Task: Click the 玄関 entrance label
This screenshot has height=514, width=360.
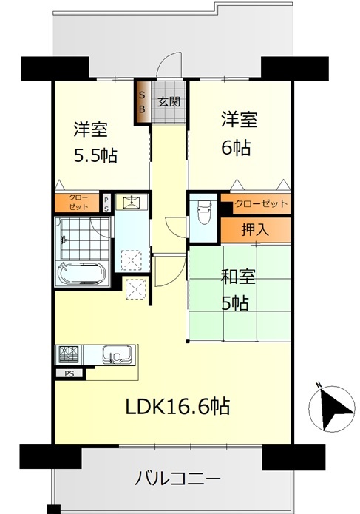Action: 169,101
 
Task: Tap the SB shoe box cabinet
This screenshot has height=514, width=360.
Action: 143,102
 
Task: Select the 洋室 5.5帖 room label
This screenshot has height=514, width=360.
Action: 95,142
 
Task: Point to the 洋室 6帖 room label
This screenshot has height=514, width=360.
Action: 239,133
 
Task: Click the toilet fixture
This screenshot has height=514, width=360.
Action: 204,212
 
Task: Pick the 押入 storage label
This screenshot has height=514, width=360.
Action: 255,229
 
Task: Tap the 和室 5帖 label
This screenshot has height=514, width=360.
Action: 238,290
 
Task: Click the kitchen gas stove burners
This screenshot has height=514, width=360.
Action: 69,354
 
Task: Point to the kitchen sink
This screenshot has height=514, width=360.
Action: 117,354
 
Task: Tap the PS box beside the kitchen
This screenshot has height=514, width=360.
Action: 69,373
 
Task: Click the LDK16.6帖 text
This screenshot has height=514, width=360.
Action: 178,407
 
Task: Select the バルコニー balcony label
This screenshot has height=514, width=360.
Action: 177,479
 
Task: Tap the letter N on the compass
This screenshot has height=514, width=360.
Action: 318,385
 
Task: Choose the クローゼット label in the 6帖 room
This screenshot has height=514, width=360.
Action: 261,203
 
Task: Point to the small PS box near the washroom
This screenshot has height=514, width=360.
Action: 106,203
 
